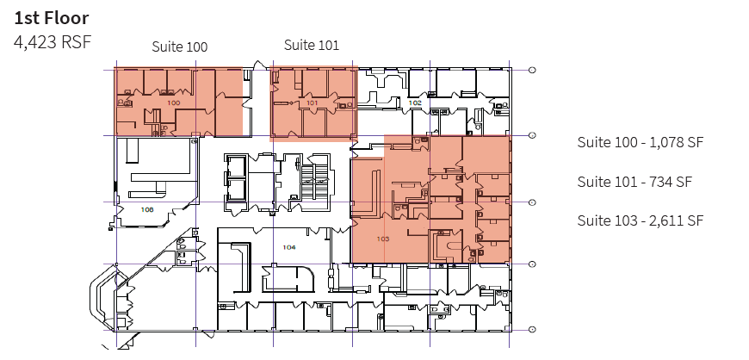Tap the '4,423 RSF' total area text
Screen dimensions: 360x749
pos(53,40)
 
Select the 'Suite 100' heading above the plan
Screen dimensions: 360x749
pos(179,47)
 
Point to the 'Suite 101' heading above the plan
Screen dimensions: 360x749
pos(311,46)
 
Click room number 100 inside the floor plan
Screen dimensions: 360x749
pos(174,102)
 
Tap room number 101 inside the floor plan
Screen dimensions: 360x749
pos(313,102)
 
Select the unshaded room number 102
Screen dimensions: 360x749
pos(415,102)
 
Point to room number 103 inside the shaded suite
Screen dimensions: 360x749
pos(384,237)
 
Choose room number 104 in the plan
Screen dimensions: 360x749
pos(288,247)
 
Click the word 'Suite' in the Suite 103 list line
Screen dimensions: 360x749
pos(594,220)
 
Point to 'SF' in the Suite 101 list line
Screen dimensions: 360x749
pos(684,182)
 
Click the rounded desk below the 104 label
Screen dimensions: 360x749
pos(289,278)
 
